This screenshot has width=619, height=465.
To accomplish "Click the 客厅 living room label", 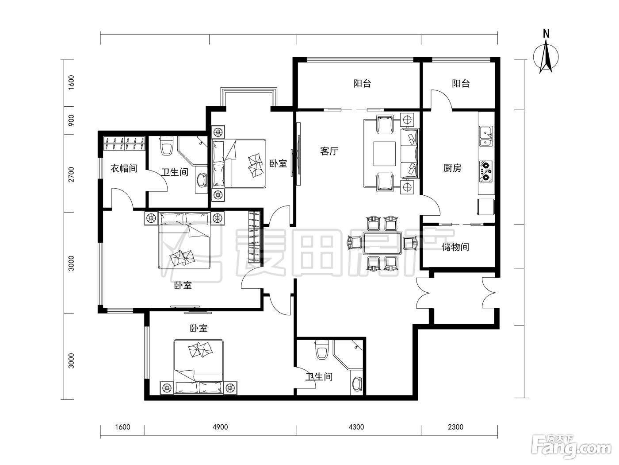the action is (329, 151).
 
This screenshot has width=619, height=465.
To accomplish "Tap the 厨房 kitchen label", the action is (452, 168).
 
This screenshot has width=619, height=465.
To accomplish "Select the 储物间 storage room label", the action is (455, 247).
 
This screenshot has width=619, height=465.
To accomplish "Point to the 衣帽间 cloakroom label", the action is (124, 169).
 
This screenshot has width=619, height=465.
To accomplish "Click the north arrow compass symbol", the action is (546, 57).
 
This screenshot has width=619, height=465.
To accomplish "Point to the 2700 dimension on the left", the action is (71, 174).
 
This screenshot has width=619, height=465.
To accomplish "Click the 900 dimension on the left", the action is (71, 120).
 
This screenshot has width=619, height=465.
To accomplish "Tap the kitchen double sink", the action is (486, 136).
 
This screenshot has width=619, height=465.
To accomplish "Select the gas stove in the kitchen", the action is (486, 171).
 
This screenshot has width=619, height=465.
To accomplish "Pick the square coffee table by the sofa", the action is (384, 154).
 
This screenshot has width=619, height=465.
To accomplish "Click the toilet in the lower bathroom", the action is (322, 349).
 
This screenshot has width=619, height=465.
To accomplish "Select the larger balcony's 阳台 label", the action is (362, 84).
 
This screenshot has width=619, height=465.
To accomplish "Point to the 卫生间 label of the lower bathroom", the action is (319, 376).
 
